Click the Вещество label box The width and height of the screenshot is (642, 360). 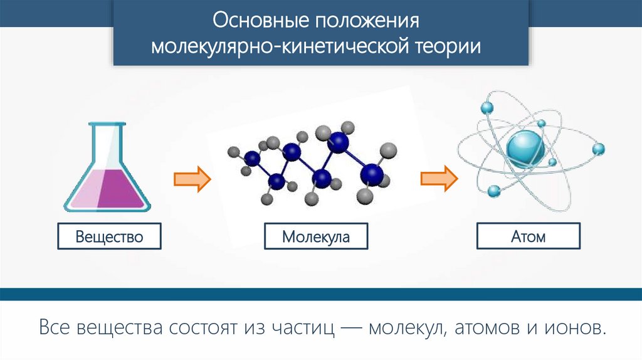click(109, 237)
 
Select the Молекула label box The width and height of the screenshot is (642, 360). click(315, 237)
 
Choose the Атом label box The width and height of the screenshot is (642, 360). click(529, 236)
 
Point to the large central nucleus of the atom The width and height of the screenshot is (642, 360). click(526, 148)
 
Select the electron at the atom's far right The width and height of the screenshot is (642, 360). click(599, 149)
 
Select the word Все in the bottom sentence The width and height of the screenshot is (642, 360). click(54, 328)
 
